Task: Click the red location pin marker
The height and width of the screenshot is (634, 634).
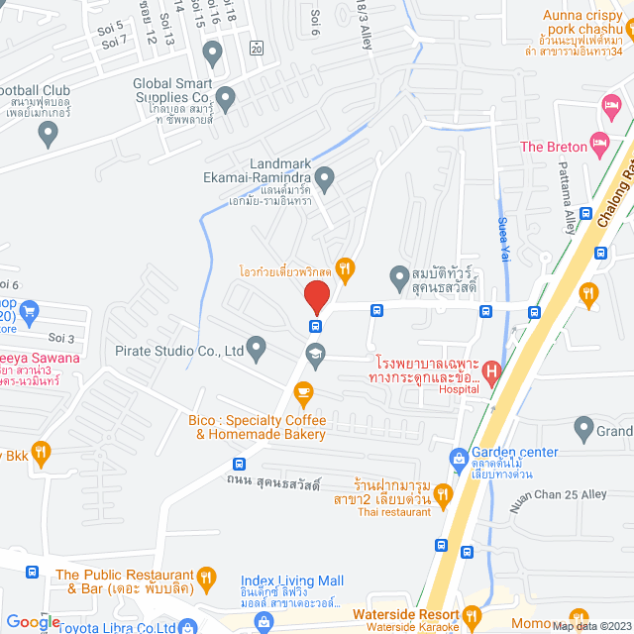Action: pos(316,296)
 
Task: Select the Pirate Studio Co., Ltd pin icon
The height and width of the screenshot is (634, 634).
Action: pos(257,348)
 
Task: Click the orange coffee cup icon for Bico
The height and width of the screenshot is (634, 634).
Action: pos(304,392)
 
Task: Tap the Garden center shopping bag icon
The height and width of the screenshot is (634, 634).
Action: pos(458,458)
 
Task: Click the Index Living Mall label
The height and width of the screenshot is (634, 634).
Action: pos(292,581)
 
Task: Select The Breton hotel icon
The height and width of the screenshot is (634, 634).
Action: pos(600,146)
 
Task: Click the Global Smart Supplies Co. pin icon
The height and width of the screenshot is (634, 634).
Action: pos(225,98)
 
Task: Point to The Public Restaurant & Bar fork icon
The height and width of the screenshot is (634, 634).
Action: pos(206,575)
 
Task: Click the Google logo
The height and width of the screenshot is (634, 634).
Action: pos(33,621)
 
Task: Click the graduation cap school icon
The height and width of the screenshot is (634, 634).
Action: pos(315,352)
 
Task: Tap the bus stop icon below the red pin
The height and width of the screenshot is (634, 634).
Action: pos(316,326)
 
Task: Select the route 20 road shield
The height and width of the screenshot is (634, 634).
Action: pos(257,47)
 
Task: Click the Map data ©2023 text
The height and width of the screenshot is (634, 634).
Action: pos(590,625)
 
